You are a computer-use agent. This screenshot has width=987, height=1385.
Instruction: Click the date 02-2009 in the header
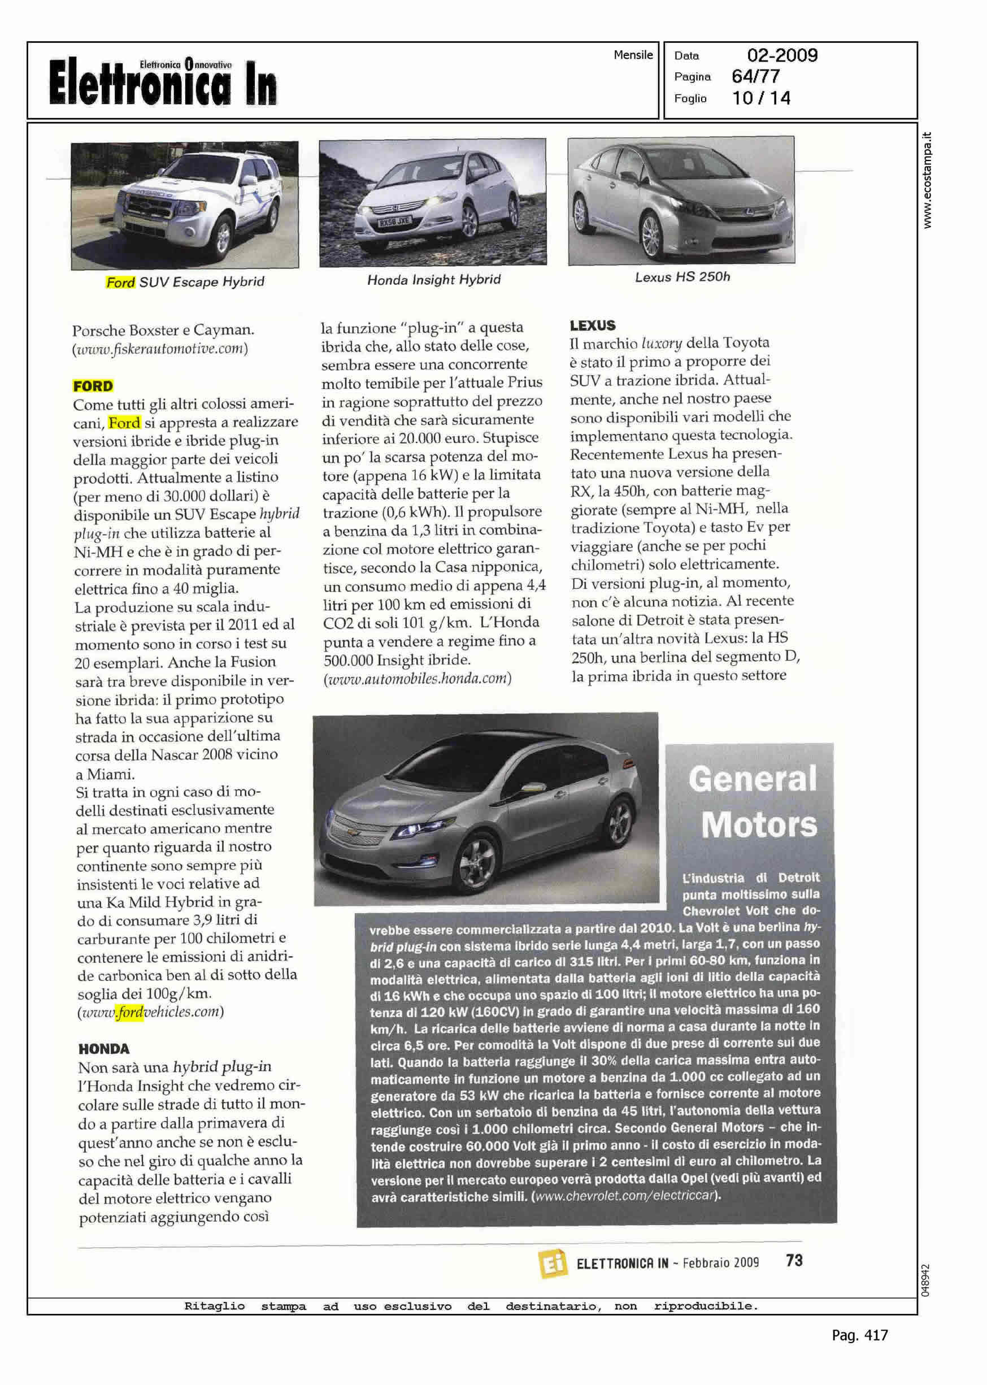[781, 55]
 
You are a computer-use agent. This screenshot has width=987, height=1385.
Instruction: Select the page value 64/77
[755, 77]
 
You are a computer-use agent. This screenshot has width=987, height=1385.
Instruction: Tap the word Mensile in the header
[633, 55]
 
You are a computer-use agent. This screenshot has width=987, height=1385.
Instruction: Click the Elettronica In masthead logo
[163, 82]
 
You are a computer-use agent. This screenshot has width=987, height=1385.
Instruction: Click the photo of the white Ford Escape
[185, 206]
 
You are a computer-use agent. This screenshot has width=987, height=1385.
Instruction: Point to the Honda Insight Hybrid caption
[433, 280]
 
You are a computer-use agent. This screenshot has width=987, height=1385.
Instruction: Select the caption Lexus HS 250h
[682, 277]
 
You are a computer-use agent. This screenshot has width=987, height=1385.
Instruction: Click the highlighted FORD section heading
[93, 386]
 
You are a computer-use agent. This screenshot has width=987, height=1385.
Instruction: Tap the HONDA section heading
[104, 1048]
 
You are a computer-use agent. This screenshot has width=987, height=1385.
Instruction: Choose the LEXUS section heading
[593, 325]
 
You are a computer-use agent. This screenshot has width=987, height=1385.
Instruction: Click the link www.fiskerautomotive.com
[160, 349]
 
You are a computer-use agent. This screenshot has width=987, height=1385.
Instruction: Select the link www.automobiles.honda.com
[417, 678]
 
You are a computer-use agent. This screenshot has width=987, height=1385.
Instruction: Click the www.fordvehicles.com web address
[151, 1012]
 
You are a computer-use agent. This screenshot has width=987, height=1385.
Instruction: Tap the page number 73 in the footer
[794, 1261]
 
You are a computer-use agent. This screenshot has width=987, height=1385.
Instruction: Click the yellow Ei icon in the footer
[551, 1263]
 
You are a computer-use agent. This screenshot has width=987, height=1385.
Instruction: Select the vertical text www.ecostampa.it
[927, 180]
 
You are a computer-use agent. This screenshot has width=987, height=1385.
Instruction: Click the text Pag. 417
[859, 1335]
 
